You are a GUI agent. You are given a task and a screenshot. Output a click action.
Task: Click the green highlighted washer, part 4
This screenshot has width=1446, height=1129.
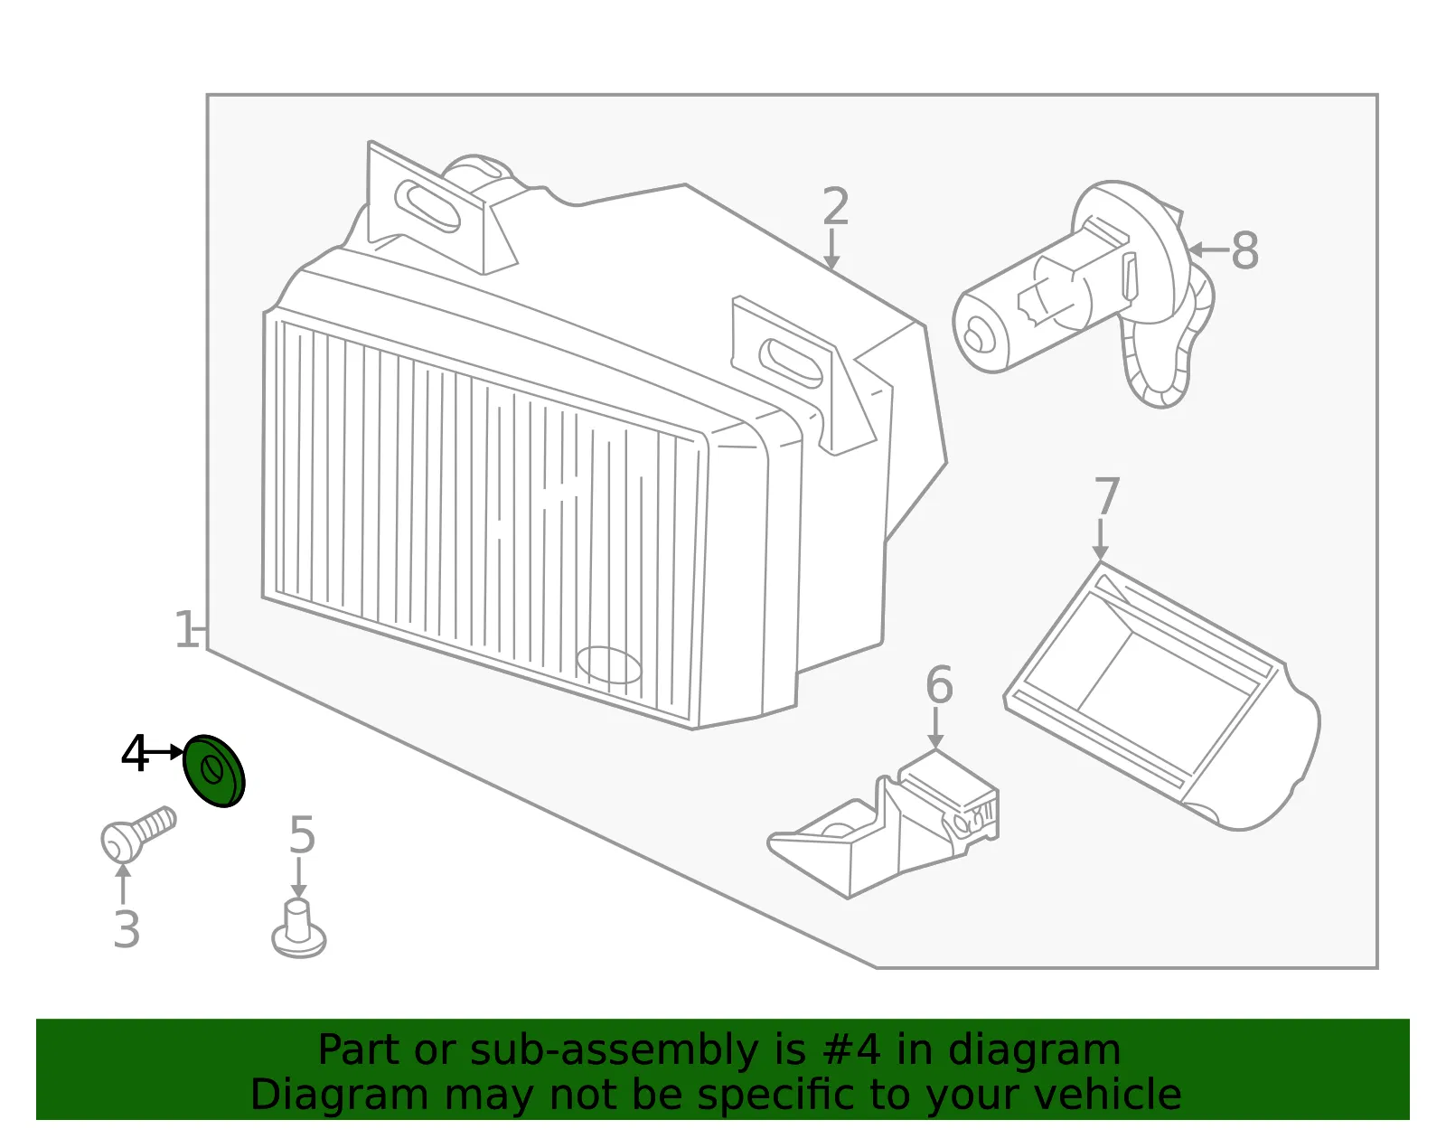tap(213, 770)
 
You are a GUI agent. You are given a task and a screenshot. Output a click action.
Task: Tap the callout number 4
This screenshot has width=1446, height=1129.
tap(135, 753)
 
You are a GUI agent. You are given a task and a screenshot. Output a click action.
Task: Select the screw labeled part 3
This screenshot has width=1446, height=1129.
tap(137, 833)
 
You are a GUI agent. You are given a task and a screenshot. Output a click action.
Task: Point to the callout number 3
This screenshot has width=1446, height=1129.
tap(127, 928)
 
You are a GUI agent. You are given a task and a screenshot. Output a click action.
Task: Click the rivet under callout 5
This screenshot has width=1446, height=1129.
tap(299, 928)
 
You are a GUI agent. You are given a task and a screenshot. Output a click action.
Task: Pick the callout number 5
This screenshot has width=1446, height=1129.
tap(302, 835)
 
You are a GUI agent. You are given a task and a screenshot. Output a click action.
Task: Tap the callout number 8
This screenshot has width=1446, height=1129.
tap(1245, 250)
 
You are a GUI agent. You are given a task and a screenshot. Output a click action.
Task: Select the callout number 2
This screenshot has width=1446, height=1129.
tap(836, 205)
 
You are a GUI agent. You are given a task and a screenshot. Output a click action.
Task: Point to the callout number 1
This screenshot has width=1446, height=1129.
tap(185, 629)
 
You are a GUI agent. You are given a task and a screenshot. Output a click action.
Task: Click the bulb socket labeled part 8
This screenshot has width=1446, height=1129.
tap(1084, 294)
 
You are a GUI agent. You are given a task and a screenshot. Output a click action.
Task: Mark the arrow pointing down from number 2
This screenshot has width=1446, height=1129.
tap(831, 249)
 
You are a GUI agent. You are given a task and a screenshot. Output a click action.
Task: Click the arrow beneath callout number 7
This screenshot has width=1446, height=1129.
tap(1101, 541)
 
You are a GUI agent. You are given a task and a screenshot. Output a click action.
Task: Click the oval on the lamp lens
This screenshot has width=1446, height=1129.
tap(609, 664)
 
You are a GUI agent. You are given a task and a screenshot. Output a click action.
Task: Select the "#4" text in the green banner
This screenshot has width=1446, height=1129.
tap(851, 1049)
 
